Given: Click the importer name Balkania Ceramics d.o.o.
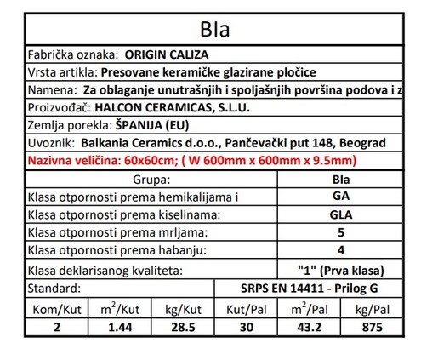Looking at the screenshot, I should click(x=140, y=142).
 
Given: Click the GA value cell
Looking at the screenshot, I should click(x=339, y=196).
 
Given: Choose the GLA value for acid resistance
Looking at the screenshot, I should click(x=339, y=214).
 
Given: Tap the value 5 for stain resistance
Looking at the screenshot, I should click(x=339, y=231).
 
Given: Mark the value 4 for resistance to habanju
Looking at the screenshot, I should click(x=339, y=250).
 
